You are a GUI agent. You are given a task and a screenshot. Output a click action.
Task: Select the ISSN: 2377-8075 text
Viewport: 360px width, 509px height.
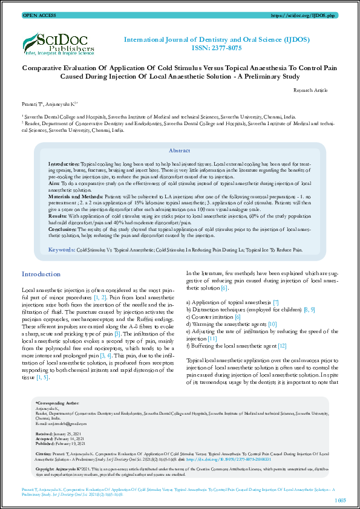[225, 47]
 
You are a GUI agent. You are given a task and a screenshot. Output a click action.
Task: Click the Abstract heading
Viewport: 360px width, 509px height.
[179, 151]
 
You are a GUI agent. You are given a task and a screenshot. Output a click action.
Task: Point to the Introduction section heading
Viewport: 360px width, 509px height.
[41, 274]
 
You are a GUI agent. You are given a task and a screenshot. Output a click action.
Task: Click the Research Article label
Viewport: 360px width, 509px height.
[310, 90]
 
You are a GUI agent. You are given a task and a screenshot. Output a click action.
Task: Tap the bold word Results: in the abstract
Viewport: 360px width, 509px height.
[58, 215]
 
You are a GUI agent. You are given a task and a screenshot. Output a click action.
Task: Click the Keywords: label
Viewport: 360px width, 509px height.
[61, 250]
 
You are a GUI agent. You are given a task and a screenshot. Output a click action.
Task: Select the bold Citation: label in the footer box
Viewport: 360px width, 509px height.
[44, 453]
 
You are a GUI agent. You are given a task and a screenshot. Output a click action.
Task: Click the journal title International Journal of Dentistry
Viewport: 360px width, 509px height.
[225, 39]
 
